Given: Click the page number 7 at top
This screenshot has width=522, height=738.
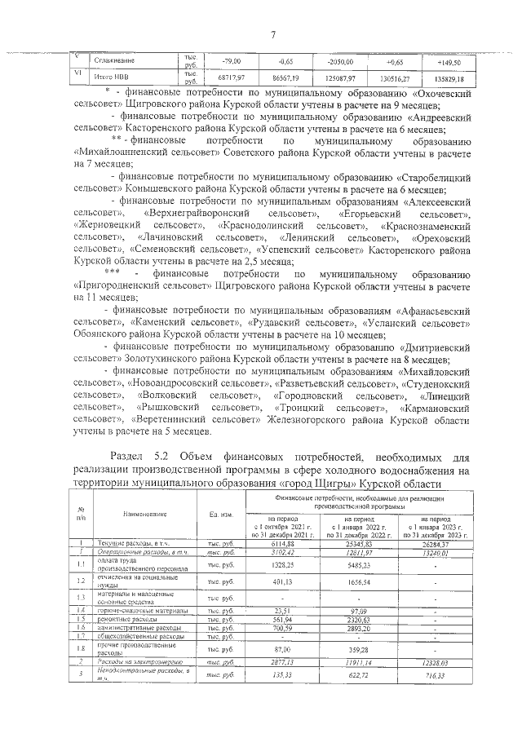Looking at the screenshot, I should [x=273, y=34].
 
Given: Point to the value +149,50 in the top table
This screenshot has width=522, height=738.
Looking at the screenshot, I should [x=449, y=62].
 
